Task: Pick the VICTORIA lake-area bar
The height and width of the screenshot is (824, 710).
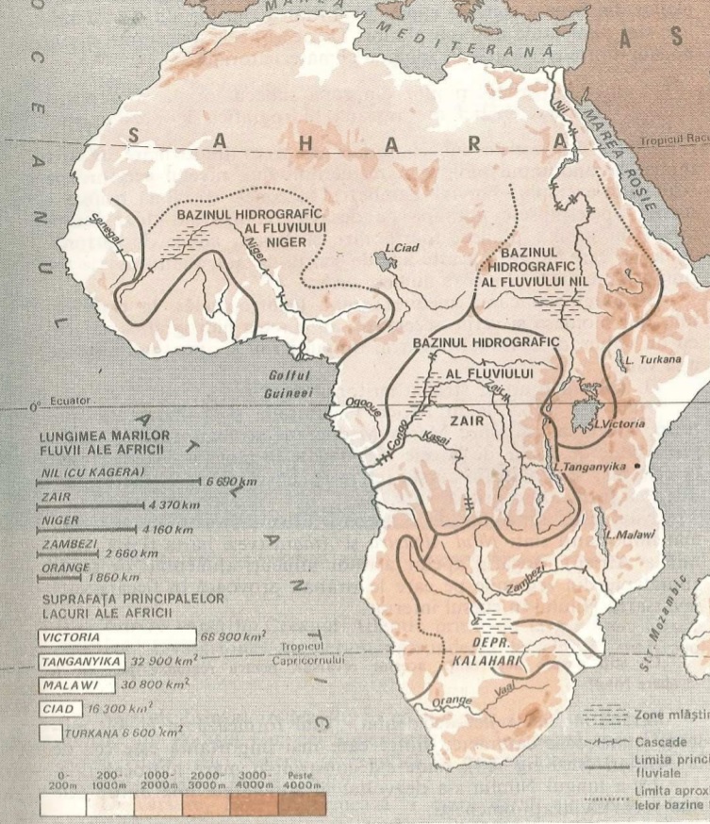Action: point(117,636)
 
